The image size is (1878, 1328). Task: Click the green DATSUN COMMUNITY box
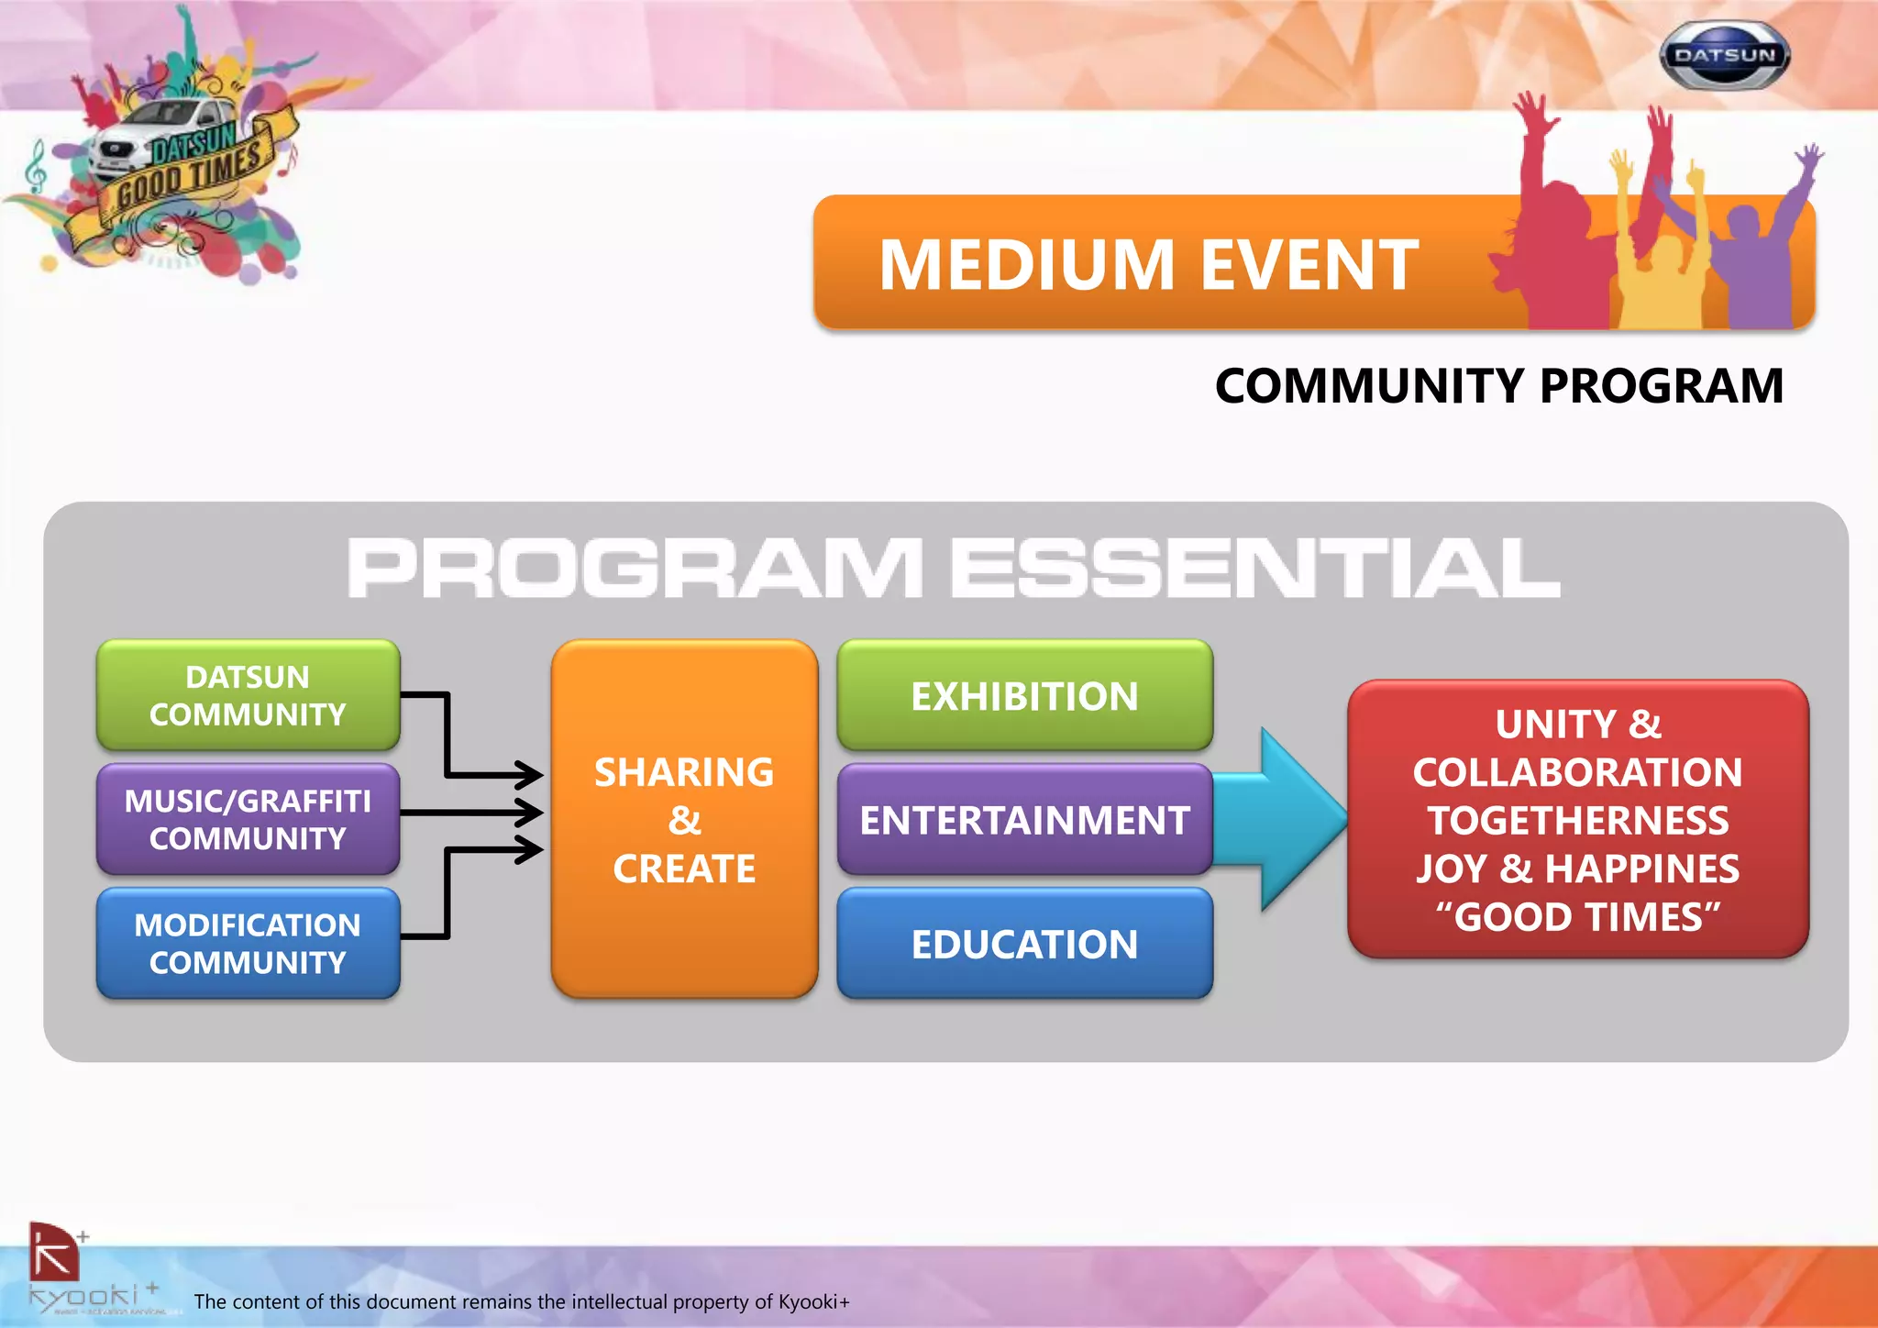[x=248, y=695]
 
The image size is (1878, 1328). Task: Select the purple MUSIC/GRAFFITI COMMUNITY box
[x=248, y=819]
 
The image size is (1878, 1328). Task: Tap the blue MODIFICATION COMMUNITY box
[x=248, y=943]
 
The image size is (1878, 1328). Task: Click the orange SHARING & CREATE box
[x=684, y=819]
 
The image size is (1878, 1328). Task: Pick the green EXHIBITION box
[x=1024, y=695]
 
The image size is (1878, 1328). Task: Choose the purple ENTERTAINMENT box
[x=1024, y=819]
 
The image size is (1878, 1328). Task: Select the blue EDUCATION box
[x=1024, y=943]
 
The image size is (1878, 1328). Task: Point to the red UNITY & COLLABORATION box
[x=1577, y=819]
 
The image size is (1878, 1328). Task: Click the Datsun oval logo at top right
[x=1725, y=56]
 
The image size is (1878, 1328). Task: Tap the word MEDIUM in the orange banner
[x=1026, y=265]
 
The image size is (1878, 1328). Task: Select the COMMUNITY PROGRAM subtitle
[x=1498, y=385]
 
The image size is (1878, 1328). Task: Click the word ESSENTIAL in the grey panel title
[x=1254, y=568]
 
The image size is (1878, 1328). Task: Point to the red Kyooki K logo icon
[x=53, y=1253]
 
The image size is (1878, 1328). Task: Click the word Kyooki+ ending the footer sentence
[x=813, y=1301]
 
